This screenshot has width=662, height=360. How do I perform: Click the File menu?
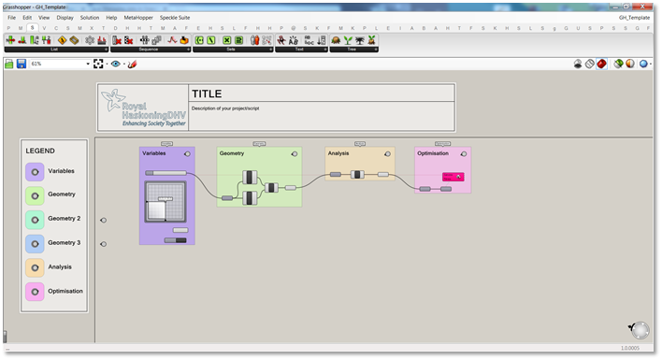pyautogui.click(x=11, y=18)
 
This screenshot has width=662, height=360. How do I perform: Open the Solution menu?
pyautogui.click(x=90, y=18)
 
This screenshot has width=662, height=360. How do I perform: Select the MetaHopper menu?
pyautogui.click(x=138, y=18)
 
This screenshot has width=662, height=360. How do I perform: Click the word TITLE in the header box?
pyautogui.click(x=208, y=94)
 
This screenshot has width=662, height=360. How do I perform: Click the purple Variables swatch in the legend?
pyautogui.click(x=35, y=172)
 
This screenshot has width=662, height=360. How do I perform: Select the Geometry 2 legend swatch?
pyautogui.click(x=35, y=219)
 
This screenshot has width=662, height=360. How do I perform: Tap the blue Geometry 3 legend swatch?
pyautogui.click(x=35, y=243)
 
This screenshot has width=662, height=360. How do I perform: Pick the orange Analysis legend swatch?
pyautogui.click(x=35, y=267)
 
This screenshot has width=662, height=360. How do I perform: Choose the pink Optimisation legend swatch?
pyautogui.click(x=35, y=292)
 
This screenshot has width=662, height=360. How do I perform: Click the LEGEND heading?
pyautogui.click(x=40, y=151)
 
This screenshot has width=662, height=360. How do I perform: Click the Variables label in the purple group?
pyautogui.click(x=154, y=152)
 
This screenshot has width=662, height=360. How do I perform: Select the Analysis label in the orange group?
pyautogui.click(x=338, y=152)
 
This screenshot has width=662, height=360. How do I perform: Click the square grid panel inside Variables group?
pyautogui.click(x=165, y=201)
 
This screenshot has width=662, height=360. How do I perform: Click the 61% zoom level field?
pyautogui.click(x=56, y=64)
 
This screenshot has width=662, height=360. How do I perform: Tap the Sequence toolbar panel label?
pyautogui.click(x=150, y=50)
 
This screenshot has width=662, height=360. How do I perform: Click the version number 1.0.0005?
pyautogui.click(x=636, y=348)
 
